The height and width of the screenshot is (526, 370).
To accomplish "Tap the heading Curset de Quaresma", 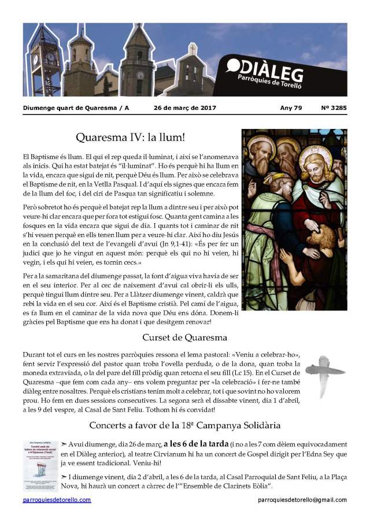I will (184, 338).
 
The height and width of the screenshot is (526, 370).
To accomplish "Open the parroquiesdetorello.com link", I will (57, 499).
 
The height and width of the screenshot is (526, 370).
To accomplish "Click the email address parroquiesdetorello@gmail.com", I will (302, 499).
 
